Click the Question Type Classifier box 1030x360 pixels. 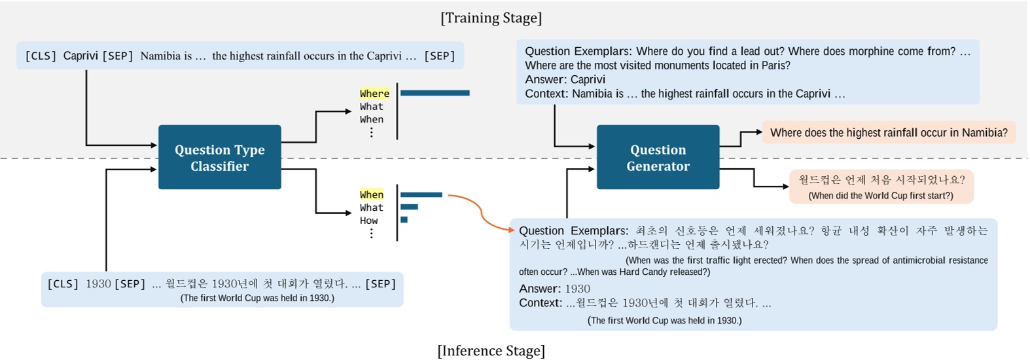click(219, 157)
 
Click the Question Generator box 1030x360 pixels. click(658, 157)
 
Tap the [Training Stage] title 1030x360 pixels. click(491, 18)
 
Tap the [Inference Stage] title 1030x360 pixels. click(491, 351)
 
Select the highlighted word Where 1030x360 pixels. click(374, 94)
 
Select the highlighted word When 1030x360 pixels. click(372, 194)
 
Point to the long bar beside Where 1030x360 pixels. click(435, 93)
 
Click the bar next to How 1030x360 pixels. click(404, 220)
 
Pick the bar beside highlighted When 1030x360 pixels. click(421, 194)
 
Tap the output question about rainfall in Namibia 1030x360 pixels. click(889, 133)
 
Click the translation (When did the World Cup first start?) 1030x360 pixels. click(880, 196)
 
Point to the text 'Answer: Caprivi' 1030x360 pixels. click(565, 79)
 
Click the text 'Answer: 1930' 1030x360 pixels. click(554, 289)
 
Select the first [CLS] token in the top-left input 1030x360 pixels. click(41, 56)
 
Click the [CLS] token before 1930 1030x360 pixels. click(63, 283)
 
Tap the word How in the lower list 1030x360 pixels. click(368, 221)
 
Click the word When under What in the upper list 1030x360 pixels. click(372, 119)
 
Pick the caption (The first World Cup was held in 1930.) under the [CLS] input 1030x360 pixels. click(257, 298)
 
